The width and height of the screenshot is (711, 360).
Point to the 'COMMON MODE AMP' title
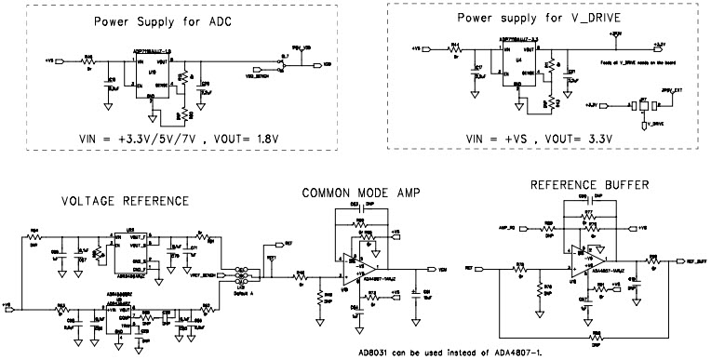[361, 193]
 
